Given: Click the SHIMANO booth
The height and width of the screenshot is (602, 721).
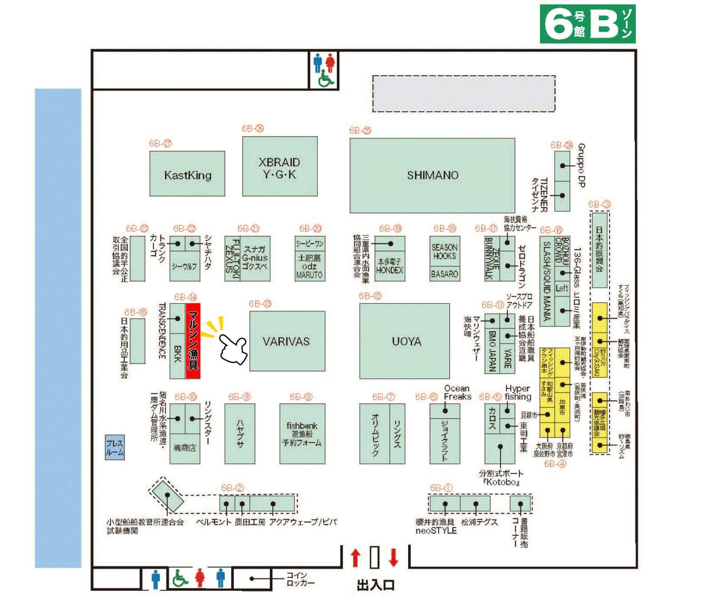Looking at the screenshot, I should tap(432, 175).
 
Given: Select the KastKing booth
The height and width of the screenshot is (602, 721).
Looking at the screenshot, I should tap(187, 174).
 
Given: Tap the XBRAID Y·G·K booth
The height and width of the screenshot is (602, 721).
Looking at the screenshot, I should tap(280, 166).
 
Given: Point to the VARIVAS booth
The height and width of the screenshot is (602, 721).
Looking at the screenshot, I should tap(287, 341).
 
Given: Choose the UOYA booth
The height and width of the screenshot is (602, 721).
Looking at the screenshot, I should tap(404, 341).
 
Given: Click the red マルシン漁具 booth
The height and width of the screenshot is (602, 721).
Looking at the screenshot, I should tap(193, 341).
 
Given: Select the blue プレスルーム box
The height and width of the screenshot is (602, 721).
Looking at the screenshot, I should tap(115, 447).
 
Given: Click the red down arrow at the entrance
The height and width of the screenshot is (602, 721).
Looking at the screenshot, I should tap(394, 557).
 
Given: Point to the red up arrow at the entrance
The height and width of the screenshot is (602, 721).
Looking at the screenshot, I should tap(355, 557).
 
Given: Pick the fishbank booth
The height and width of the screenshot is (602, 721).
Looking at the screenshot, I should tap(302, 434).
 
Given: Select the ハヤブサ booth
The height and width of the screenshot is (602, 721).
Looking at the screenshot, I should tap(240, 434).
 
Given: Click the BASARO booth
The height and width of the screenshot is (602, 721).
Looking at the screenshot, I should tap(445, 274).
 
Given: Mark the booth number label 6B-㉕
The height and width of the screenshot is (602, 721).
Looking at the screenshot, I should tap(360, 130).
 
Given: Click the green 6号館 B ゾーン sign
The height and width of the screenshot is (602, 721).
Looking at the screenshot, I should tap(587, 24).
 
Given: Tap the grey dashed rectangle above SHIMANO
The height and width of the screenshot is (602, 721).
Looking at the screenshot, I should tap(464, 94).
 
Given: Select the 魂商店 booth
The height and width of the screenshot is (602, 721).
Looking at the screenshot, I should tap(185, 448).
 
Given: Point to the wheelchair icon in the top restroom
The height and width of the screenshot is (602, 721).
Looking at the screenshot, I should tap(326, 79).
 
